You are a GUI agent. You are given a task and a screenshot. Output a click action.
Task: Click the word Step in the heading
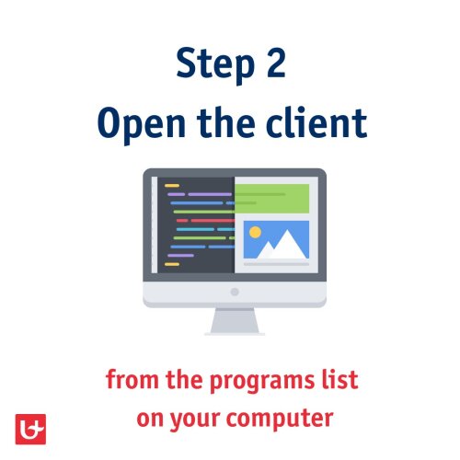click(215, 64)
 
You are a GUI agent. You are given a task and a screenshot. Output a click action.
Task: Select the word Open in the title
click(142, 124)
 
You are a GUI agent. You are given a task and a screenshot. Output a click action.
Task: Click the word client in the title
click(316, 122)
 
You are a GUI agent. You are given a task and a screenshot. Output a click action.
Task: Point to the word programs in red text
click(262, 381)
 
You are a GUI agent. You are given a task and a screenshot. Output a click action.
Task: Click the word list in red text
click(339, 379)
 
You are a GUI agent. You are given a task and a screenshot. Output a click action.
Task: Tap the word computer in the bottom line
click(280, 420)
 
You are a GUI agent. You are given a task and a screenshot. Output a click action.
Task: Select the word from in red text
click(132, 379)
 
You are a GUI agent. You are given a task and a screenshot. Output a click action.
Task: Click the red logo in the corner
click(30, 429)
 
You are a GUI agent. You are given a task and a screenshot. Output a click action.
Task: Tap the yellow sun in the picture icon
click(255, 233)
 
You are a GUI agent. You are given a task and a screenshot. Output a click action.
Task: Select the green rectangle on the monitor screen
click(271, 199)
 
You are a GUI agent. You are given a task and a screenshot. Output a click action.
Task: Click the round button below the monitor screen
click(235, 292)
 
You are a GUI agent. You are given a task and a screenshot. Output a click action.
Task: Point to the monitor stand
click(235, 321)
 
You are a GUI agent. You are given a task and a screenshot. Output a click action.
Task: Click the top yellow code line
click(172, 186)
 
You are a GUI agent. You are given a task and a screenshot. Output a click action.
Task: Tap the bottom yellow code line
click(172, 264)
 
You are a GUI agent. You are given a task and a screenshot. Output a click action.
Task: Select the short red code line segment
click(182, 221)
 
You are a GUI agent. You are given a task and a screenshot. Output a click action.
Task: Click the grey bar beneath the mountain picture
click(276, 264)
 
